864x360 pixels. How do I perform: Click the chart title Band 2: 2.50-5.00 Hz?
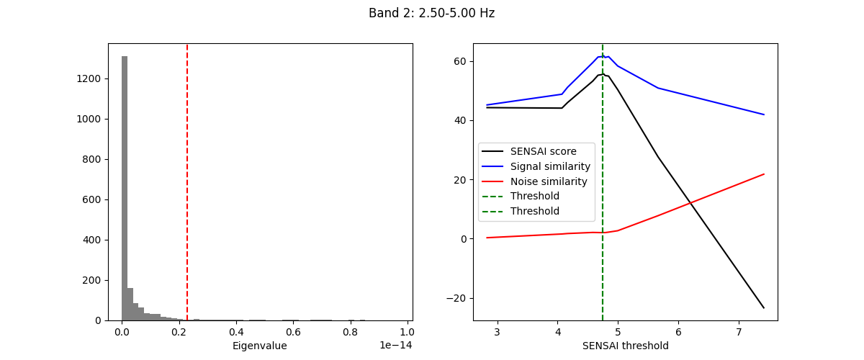click(431, 13)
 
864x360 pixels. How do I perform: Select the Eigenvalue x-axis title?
click(259, 346)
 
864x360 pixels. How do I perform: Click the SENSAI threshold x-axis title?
click(625, 346)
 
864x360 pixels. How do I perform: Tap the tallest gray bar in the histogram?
click(125, 187)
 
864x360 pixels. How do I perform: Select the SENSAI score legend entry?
click(543, 151)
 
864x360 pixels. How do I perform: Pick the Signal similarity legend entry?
click(550, 166)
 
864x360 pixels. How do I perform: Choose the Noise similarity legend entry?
click(549, 181)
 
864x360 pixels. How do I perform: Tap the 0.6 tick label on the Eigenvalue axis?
click(292, 333)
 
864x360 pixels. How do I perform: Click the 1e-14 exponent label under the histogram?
click(396, 346)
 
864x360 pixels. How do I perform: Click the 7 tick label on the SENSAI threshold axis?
click(739, 333)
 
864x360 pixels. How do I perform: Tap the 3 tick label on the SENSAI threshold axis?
click(498, 333)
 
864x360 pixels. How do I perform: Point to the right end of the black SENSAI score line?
click(764, 308)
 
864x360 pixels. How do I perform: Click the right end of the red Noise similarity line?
click(764, 174)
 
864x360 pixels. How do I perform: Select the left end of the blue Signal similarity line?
click(487, 104)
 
